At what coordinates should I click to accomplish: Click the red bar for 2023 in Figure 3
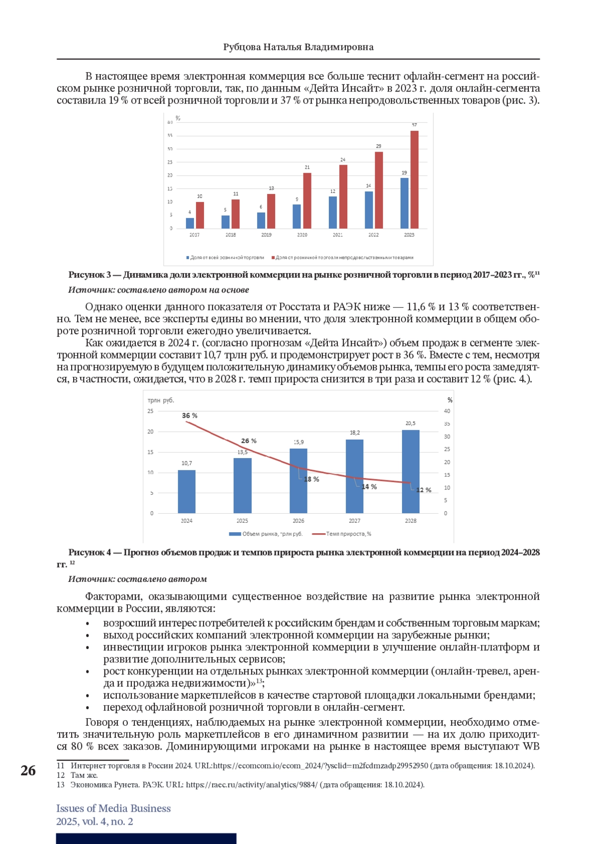(414, 180)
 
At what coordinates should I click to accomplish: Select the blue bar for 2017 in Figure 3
(190, 223)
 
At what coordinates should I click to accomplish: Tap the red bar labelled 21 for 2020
(307, 201)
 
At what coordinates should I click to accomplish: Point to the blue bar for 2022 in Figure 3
(369, 210)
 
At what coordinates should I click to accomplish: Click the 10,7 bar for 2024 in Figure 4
(187, 492)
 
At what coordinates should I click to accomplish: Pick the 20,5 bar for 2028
(410, 471)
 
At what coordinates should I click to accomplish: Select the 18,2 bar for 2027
(354, 476)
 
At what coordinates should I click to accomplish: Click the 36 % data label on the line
(190, 416)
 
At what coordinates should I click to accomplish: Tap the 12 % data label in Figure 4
(424, 490)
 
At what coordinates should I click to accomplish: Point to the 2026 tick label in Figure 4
(298, 521)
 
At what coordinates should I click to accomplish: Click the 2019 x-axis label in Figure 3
(266, 235)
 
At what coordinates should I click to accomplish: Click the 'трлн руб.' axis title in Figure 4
(161, 400)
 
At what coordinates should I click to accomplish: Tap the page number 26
(28, 771)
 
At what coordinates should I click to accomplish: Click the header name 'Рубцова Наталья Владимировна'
(298, 47)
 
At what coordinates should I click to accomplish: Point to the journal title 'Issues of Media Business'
(113, 808)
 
